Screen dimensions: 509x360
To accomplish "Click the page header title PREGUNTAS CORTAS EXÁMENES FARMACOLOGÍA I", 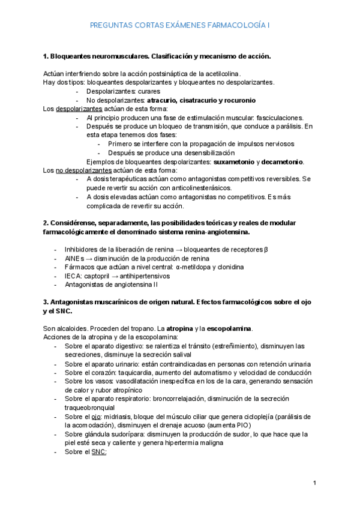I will point(179,25).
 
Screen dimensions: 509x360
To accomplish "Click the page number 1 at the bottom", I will point(314,483).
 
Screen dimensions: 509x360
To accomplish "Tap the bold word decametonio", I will point(283,161).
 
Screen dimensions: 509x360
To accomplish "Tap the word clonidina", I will point(228,267).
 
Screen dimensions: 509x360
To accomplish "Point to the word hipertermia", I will point(221,442).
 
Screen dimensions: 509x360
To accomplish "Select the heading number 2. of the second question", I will point(46,223).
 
